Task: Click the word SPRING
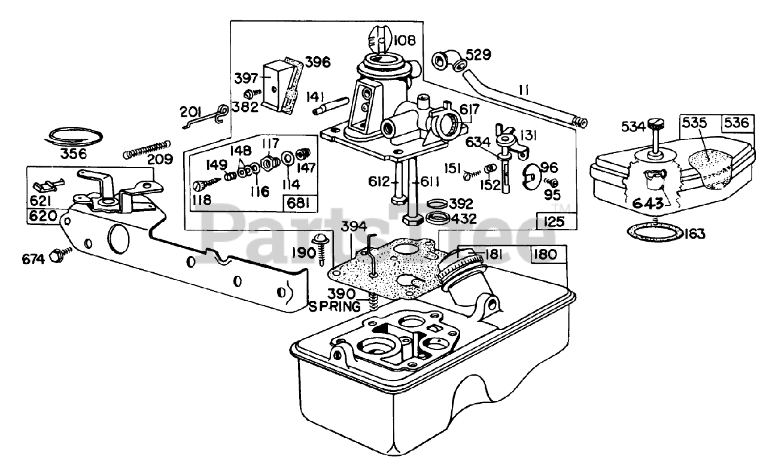click(x=335, y=307)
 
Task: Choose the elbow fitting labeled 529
click(x=446, y=60)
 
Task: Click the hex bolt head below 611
click(x=413, y=220)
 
